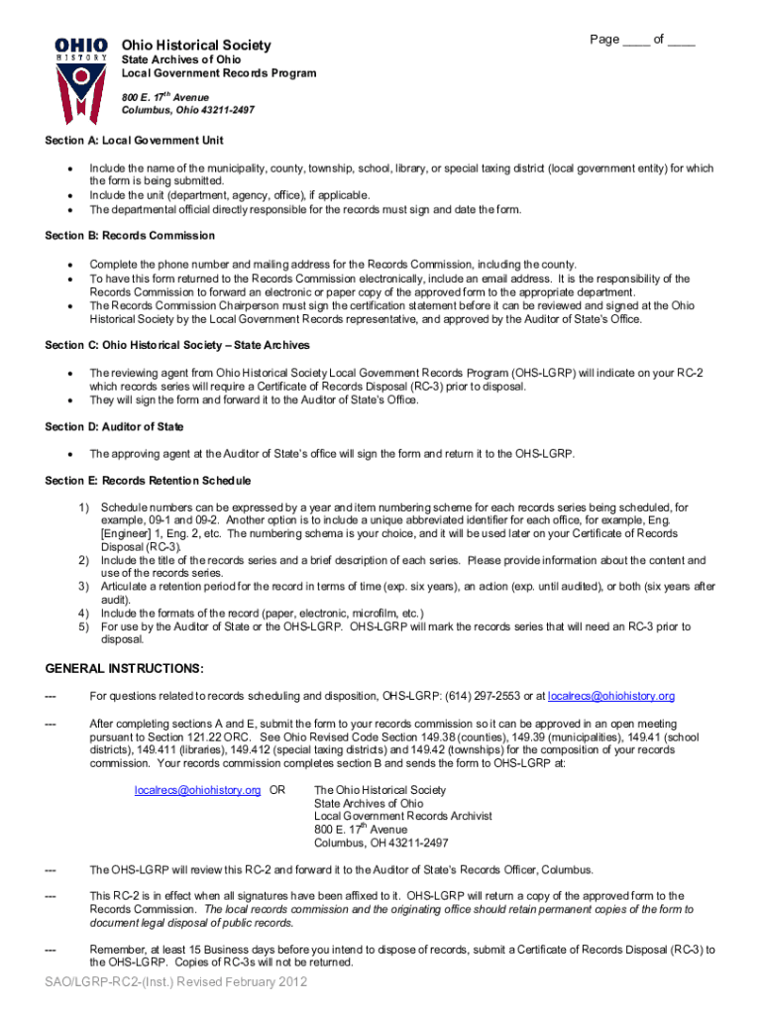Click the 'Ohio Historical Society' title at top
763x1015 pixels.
195,46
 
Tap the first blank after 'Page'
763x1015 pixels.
637,41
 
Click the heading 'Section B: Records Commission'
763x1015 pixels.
130,236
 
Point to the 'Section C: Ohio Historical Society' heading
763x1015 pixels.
177,345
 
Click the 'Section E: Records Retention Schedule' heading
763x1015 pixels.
148,481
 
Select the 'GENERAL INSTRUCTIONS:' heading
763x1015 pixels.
124,668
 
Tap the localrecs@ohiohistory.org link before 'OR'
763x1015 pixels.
197,790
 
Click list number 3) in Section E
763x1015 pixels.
84,587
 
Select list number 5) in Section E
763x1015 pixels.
84,626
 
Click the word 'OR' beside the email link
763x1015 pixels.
277,790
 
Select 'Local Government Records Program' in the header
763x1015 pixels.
218,73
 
